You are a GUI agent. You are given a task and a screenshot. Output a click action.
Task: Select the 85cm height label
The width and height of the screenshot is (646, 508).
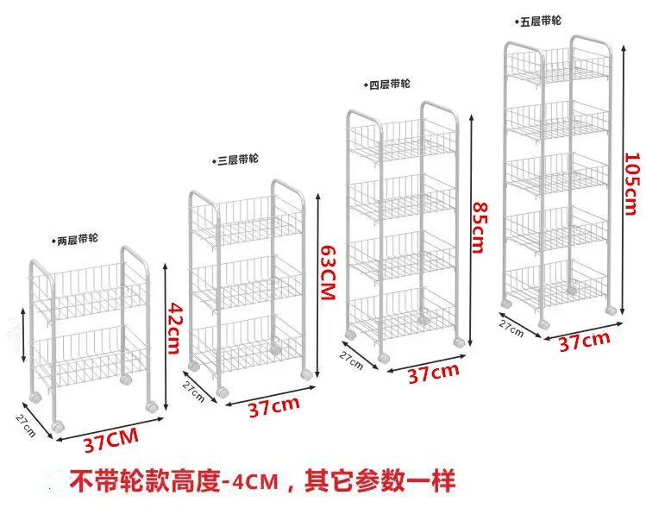pos(477,228)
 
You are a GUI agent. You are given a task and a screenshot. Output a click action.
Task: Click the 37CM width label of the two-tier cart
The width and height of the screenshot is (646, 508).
pos(110,443)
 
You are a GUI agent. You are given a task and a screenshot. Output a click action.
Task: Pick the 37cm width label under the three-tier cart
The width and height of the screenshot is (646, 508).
pos(274,408)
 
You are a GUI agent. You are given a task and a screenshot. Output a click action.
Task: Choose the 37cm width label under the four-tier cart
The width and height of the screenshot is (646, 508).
pos(432,373)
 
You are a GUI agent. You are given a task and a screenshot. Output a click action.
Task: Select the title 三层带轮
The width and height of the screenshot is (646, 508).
pos(237,160)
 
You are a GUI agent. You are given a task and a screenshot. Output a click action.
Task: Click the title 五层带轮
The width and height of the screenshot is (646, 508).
pos(540,20)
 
